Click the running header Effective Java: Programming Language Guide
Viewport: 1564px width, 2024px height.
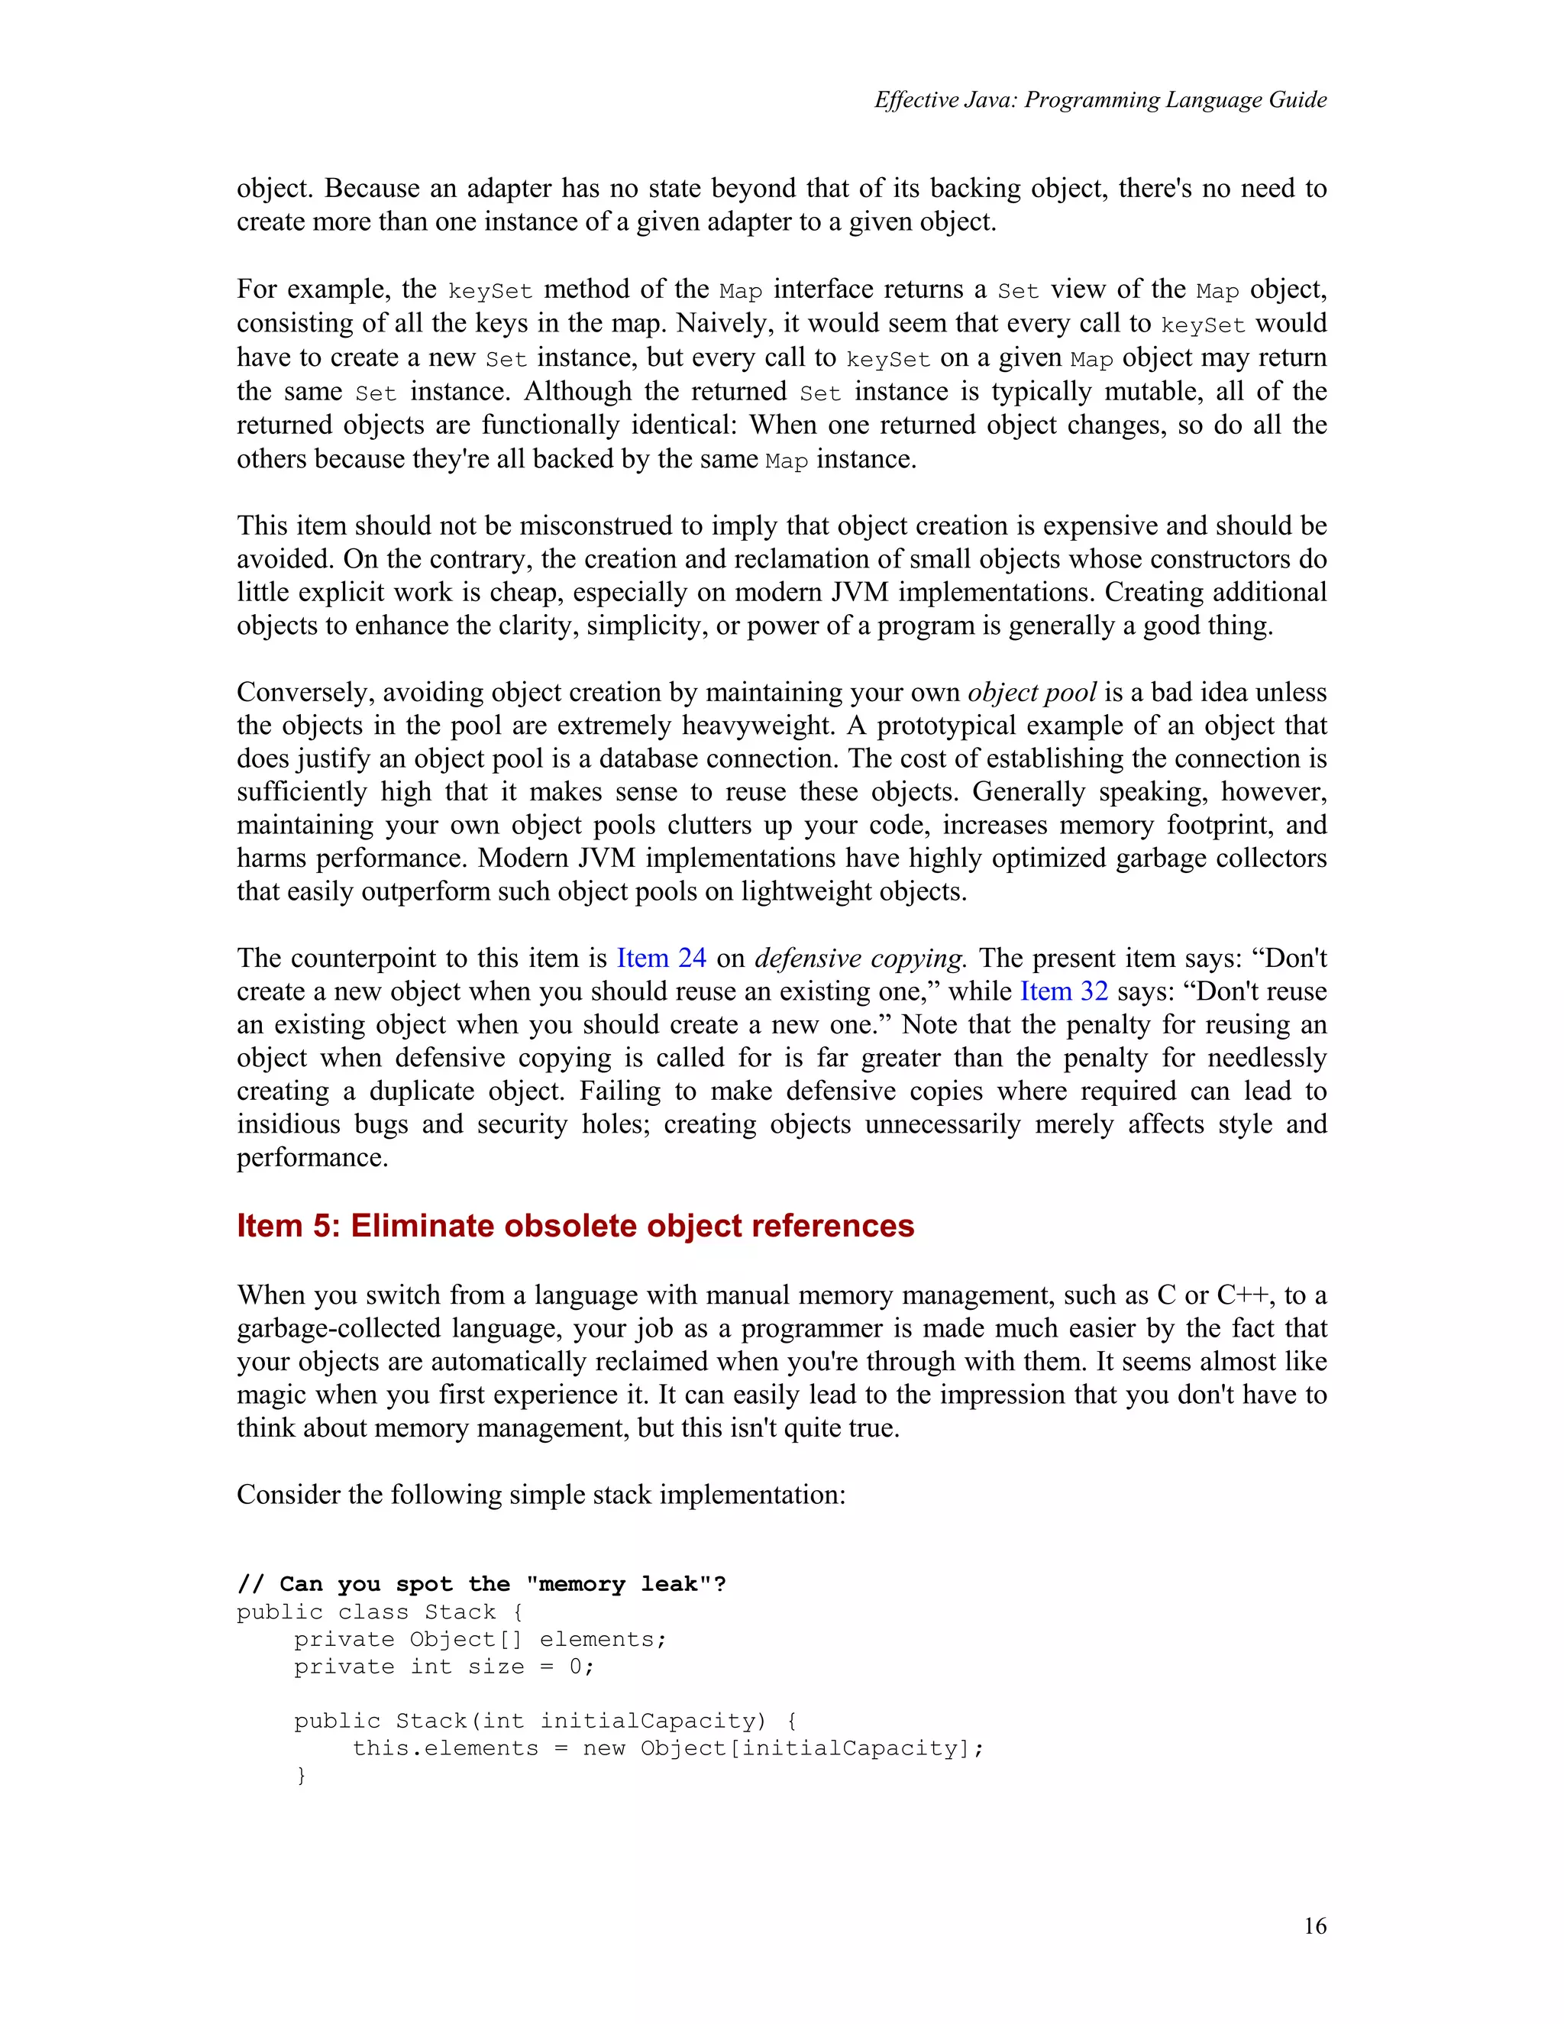click(1100, 100)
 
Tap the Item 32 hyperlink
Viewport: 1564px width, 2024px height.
click(1063, 991)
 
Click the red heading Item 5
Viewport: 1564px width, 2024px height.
click(574, 1225)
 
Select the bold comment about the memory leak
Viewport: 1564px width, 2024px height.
click(481, 1584)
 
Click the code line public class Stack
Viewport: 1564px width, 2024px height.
click(380, 1612)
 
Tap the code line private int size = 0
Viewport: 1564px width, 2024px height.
click(444, 1667)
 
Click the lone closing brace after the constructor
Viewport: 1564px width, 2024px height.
click(300, 1776)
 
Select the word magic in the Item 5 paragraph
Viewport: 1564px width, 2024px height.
click(275, 1395)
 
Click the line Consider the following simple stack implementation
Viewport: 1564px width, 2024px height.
click(541, 1494)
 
